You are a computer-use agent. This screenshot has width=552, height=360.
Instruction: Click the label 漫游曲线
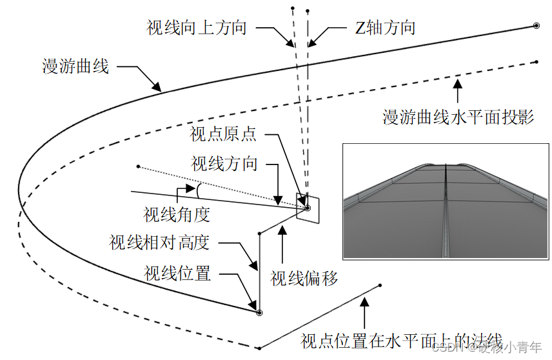75,66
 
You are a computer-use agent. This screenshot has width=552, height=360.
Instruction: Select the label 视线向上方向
196,28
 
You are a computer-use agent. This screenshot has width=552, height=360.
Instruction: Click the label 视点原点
223,134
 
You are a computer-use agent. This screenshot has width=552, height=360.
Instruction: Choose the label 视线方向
224,163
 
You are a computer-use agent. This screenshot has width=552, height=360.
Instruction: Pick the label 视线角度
177,213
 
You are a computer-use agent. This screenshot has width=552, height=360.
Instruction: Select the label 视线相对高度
159,243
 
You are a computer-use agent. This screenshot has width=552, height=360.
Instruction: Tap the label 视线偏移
304,278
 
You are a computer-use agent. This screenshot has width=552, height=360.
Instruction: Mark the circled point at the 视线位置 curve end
259,312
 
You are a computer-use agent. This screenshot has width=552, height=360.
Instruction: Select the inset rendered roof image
446,201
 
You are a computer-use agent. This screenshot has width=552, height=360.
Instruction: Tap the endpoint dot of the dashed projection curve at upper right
537,62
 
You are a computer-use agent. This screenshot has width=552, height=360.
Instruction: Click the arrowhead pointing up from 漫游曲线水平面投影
458,83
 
